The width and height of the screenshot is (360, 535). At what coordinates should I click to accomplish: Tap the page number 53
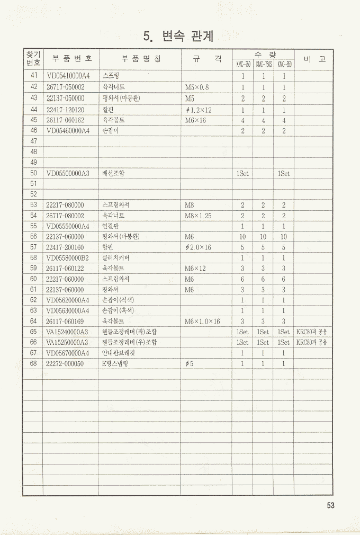coord(331,505)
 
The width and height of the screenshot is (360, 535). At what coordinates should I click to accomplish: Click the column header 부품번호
coord(69,58)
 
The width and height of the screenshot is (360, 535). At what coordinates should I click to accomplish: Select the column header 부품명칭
coord(140,58)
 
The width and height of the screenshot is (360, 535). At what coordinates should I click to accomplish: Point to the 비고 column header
coord(314,58)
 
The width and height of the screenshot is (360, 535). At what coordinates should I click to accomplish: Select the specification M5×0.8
coord(197,87)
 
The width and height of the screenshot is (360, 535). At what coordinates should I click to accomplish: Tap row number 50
coord(33,173)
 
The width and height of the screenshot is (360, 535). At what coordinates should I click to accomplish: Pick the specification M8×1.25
coord(198,216)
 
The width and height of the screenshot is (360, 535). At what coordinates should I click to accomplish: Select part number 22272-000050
coord(65,364)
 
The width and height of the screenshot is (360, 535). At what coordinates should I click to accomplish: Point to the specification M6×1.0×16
coord(202,322)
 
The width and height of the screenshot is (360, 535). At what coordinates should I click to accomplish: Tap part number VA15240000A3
coord(67,332)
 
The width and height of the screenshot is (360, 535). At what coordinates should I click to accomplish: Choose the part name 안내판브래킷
coord(119,353)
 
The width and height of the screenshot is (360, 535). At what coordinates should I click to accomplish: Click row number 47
coord(33,141)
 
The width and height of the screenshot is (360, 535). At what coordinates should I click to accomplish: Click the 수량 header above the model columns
coord(263,55)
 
